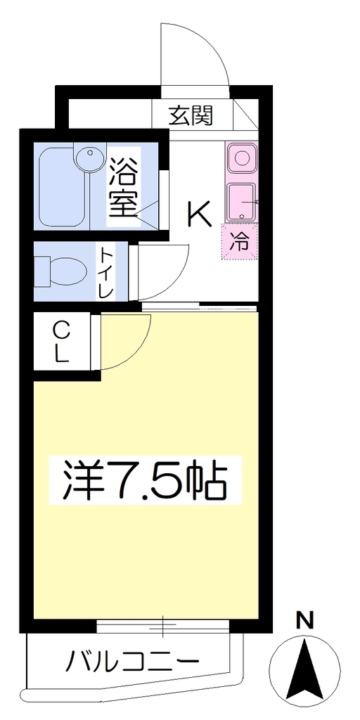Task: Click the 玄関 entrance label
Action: pyautogui.click(x=190, y=115)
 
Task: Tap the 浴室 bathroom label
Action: pyautogui.click(x=123, y=188)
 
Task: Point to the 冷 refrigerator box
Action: pyautogui.click(x=240, y=242)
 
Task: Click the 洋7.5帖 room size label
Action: pyautogui.click(x=145, y=480)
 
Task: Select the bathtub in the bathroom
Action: pyautogui.click(x=62, y=188)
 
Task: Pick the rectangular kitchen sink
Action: pyautogui.click(x=242, y=202)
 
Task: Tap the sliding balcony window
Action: pyautogui.click(x=163, y=625)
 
